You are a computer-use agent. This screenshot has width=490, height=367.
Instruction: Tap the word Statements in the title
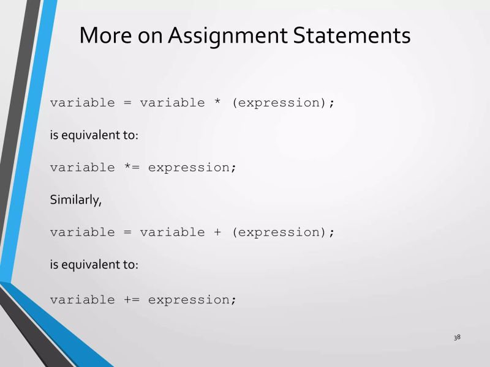coord(352,35)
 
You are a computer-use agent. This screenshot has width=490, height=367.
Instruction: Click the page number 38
coord(457,337)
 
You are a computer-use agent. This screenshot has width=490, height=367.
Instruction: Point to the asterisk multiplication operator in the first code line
coord(217,102)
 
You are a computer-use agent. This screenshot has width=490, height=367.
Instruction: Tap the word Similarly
coord(76,200)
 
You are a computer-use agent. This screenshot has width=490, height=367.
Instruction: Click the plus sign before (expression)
coord(217,232)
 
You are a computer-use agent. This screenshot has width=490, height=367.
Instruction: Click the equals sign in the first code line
coord(127,103)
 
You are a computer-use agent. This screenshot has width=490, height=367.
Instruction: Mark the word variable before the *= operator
coord(82,168)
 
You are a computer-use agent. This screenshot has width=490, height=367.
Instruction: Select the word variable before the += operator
coord(82,300)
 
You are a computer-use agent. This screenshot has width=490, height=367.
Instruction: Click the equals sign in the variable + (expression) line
coord(127,232)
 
